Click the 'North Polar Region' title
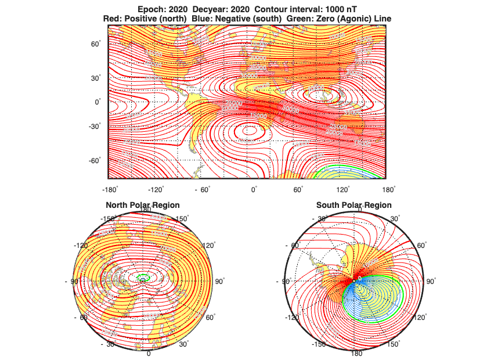tap(142, 205)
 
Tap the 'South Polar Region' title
tap(353, 205)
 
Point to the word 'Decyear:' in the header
tap(205, 9)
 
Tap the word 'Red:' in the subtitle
tap(112, 19)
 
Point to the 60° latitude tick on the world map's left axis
tap(96, 44)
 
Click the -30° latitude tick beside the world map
tap(95, 126)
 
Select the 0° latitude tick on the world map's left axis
tap(98, 102)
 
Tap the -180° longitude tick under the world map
tap(110, 190)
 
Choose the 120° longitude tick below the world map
tap(343, 190)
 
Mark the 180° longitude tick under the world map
tap(389, 190)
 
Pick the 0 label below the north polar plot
tap(148, 353)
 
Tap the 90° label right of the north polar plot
tap(219, 281)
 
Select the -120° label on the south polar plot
tap(291, 318)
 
